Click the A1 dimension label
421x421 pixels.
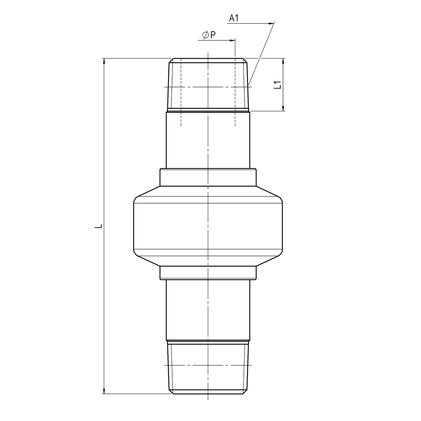point(233,18)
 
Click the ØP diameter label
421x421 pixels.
point(209,35)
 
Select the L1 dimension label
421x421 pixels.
point(278,85)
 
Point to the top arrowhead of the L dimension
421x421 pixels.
point(104,61)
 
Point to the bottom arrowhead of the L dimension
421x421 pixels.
point(104,390)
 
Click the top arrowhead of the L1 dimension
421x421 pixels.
point(283,61)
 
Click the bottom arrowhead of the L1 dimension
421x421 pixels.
point(283,108)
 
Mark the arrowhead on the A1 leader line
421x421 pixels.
point(271,24)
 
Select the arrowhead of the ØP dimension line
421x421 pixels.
point(232,40)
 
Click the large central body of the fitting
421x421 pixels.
point(208,226)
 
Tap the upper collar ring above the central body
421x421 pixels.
point(208,177)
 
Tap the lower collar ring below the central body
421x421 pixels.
point(208,273)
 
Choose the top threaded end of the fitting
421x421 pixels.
point(208,84)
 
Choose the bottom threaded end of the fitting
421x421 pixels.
point(208,367)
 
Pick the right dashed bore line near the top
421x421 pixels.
point(235,93)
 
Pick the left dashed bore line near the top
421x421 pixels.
point(181,93)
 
